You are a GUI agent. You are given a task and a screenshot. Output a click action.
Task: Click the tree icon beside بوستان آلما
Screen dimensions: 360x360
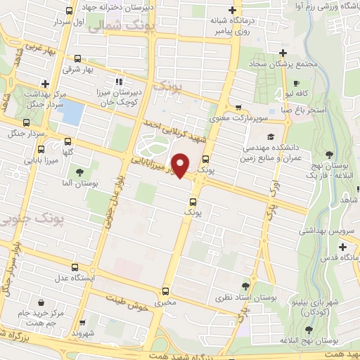point(79,171)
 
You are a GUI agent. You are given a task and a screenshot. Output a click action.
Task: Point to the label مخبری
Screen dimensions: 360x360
point(166,304)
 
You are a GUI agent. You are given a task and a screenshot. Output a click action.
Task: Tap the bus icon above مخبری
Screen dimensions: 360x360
point(166,291)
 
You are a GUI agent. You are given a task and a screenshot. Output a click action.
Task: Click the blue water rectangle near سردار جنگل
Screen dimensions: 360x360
point(74,112)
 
